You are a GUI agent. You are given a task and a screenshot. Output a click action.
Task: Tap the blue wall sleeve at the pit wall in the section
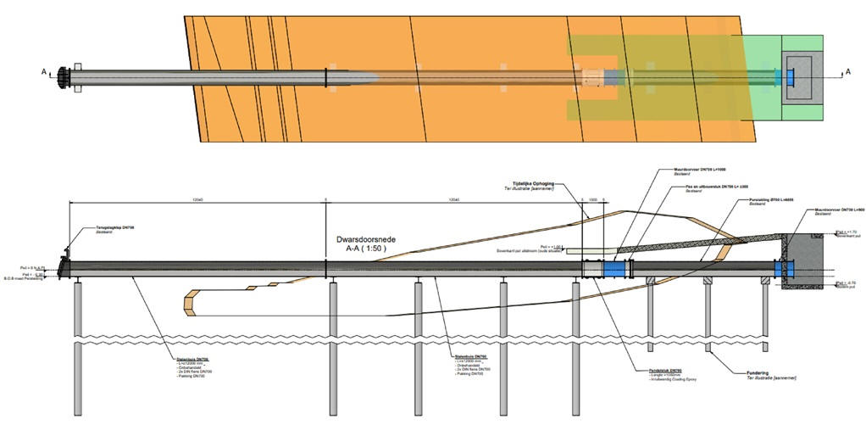click(785, 268)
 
